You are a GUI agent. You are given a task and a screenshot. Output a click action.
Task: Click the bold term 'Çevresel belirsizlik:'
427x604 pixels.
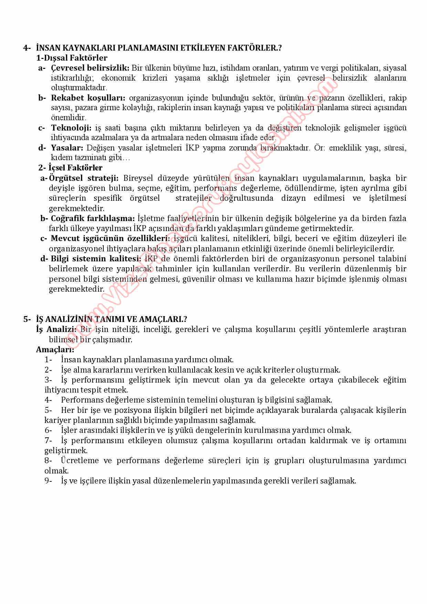pos(90,68)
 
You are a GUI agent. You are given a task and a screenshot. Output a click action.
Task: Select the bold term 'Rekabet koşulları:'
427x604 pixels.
pos(88,98)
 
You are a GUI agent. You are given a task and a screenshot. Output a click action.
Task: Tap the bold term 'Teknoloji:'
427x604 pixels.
pos(71,128)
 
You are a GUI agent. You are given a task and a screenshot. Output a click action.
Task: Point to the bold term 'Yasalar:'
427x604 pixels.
pos(67,148)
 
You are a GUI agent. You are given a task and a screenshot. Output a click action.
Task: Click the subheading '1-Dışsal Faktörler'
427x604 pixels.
pos(72,58)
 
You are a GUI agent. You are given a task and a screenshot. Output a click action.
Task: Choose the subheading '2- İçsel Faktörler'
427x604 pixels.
pos(70,168)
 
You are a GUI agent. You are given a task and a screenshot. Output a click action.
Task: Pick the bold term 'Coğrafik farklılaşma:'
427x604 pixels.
pos(93,218)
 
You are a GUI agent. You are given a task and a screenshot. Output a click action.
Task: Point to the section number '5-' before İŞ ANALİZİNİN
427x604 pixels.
pos(27,319)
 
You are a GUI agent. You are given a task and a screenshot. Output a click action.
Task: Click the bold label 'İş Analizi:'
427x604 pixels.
pos(56,329)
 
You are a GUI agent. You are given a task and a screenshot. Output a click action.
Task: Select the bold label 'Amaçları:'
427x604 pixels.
pos(55,350)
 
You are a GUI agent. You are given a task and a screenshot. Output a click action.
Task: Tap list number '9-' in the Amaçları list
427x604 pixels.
pos(48,481)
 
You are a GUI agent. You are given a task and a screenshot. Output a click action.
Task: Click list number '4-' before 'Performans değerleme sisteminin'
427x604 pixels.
pos(48,400)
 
